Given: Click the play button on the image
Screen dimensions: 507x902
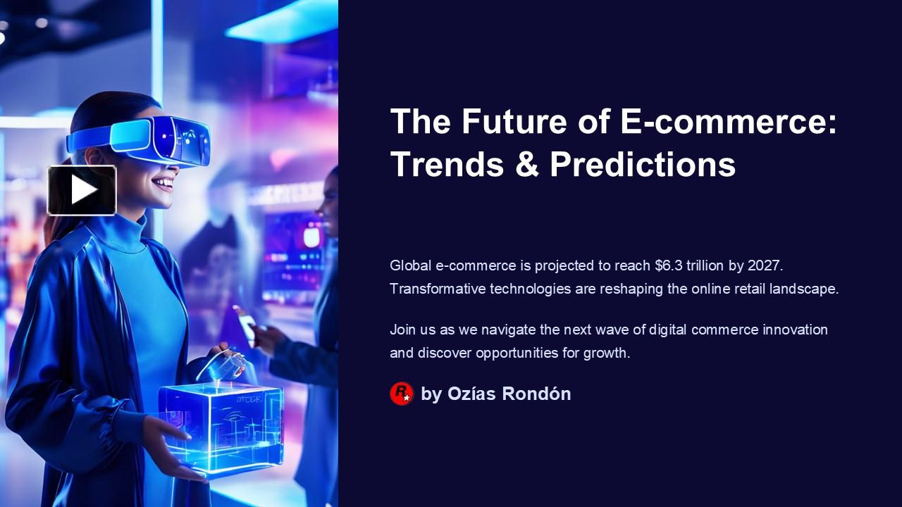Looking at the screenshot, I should [82, 190].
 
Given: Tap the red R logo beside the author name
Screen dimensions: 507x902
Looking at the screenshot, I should [401, 394].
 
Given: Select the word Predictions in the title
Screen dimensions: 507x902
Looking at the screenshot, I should [643, 164].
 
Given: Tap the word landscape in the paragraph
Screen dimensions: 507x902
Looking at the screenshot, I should [805, 289].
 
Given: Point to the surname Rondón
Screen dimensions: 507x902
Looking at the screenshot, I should [536, 394].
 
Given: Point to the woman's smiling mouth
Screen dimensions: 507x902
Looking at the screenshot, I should [163, 184].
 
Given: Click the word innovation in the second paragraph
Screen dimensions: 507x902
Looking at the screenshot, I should [795, 330].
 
